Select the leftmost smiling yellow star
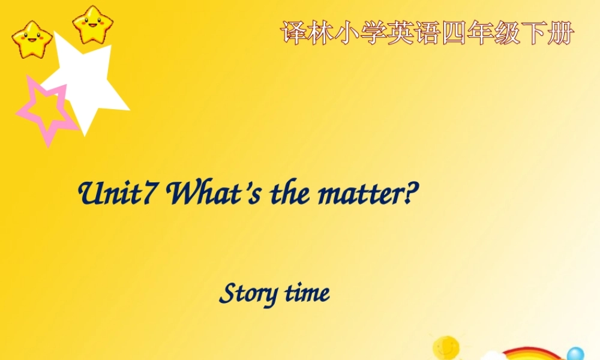32,39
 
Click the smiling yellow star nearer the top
93,24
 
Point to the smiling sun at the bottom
446,347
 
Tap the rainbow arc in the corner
528,352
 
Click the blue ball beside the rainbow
575,355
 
